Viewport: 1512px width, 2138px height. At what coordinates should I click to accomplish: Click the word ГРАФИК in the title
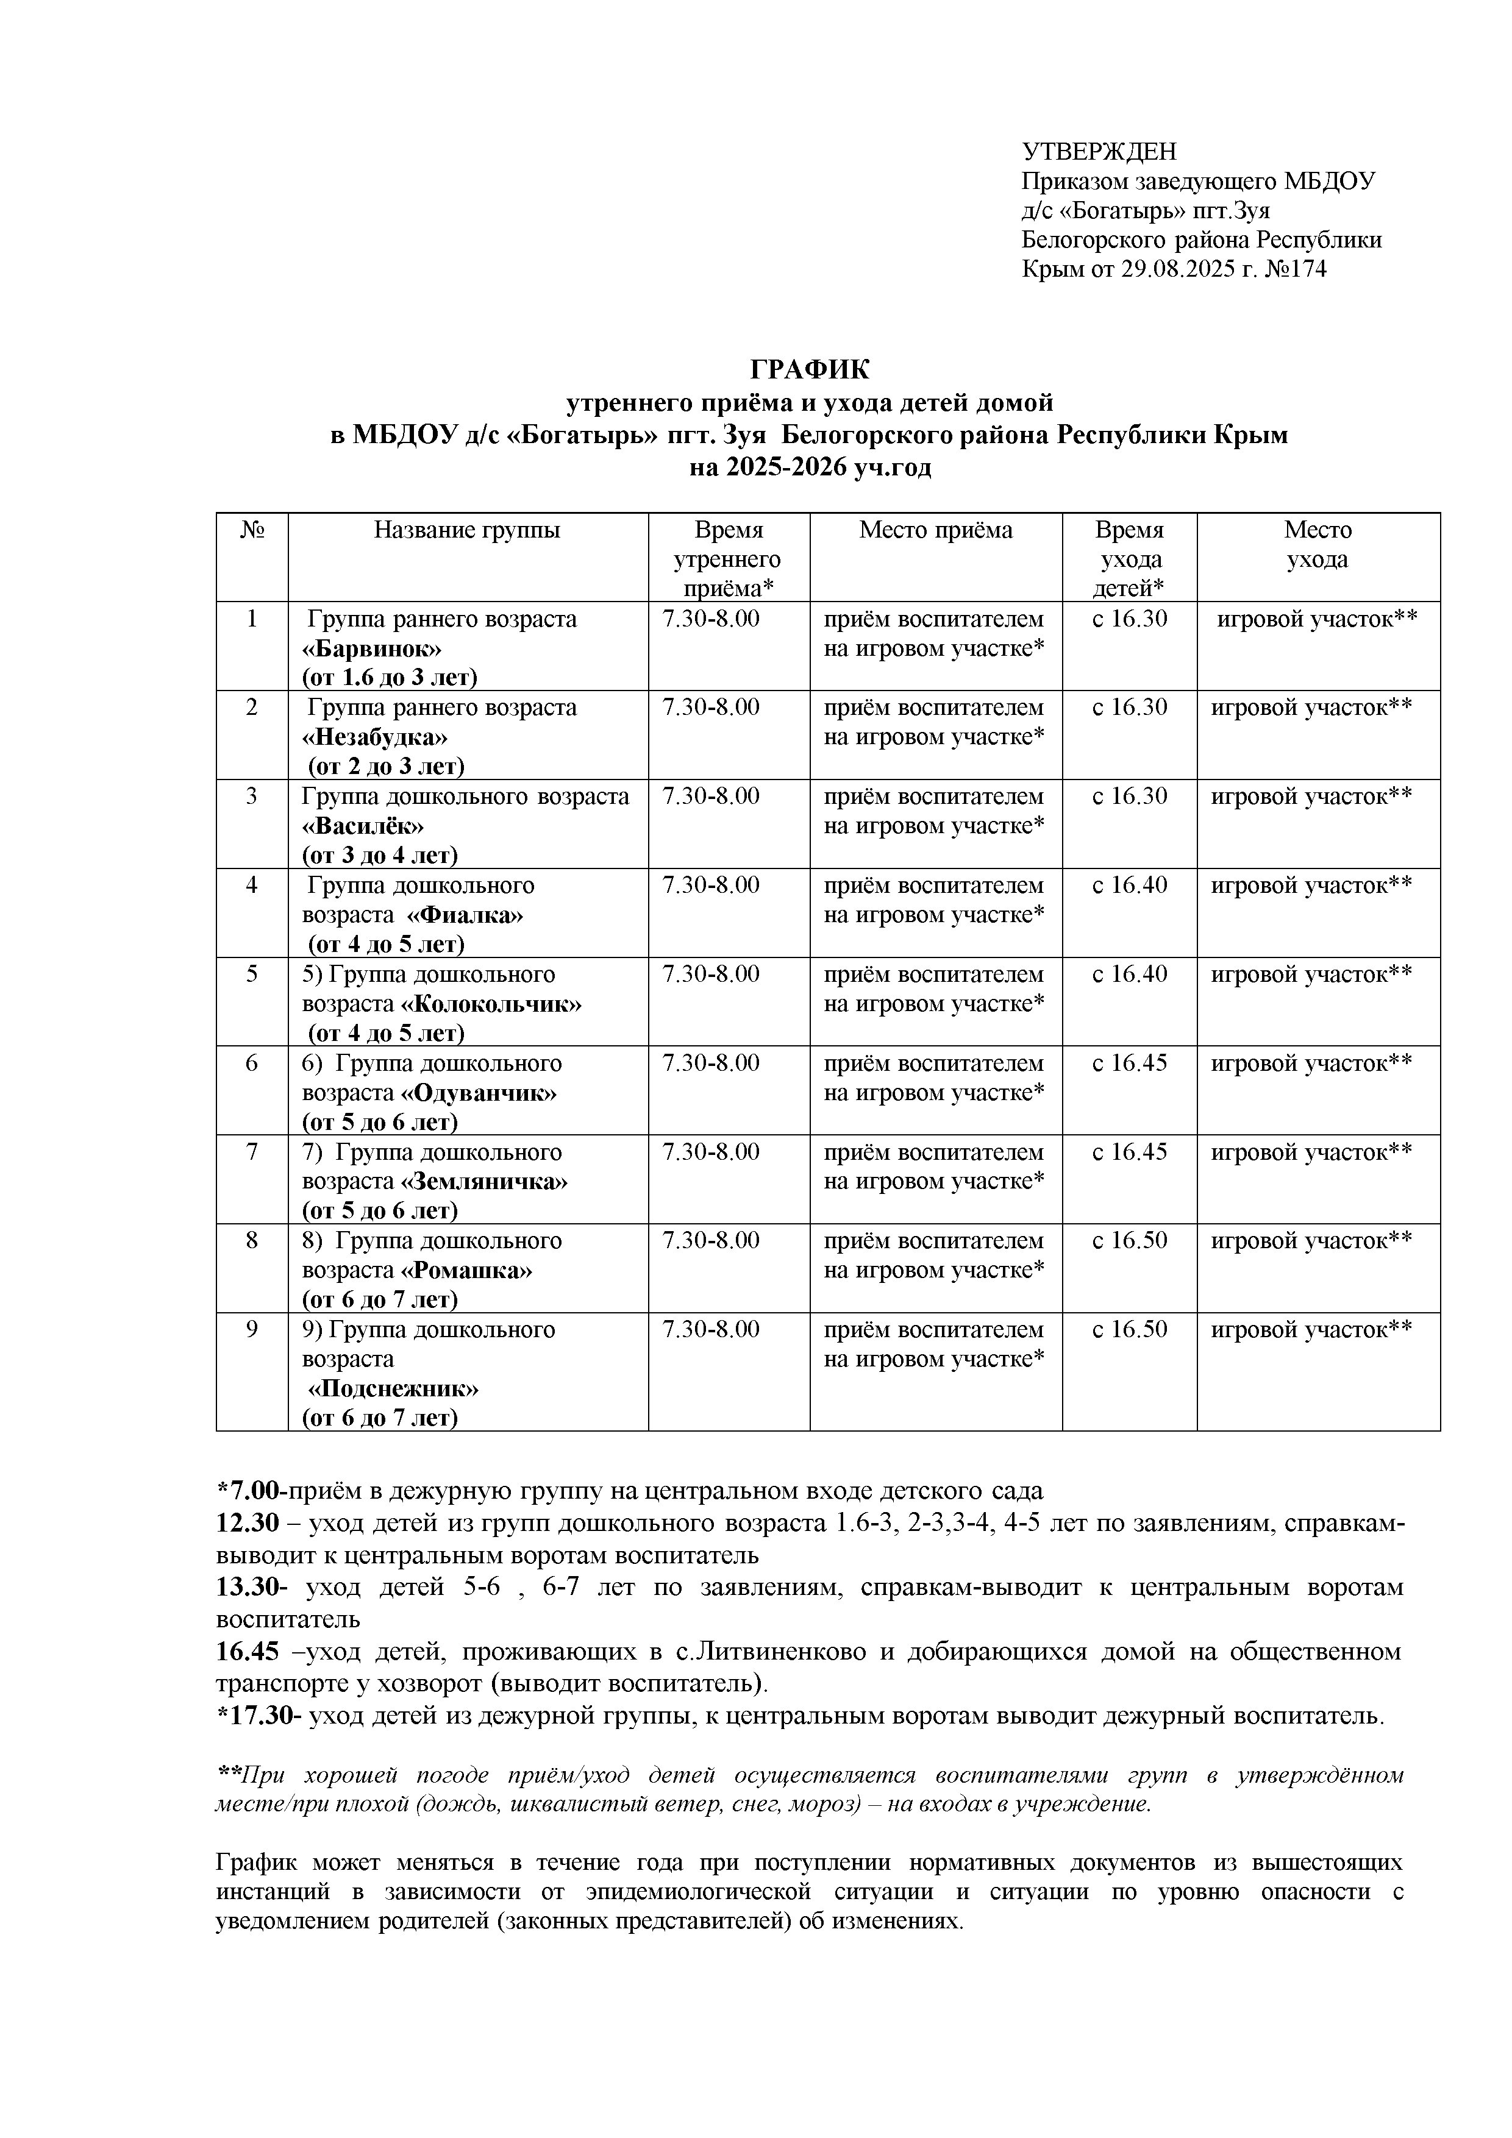pos(810,370)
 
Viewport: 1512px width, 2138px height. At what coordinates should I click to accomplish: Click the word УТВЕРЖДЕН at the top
pos(1099,151)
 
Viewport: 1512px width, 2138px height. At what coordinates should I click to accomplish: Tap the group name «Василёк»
pos(363,826)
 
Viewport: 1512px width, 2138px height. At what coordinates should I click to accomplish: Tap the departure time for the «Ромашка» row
pos(1129,1241)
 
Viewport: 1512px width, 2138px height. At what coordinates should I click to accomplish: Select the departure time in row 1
pos(1129,619)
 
